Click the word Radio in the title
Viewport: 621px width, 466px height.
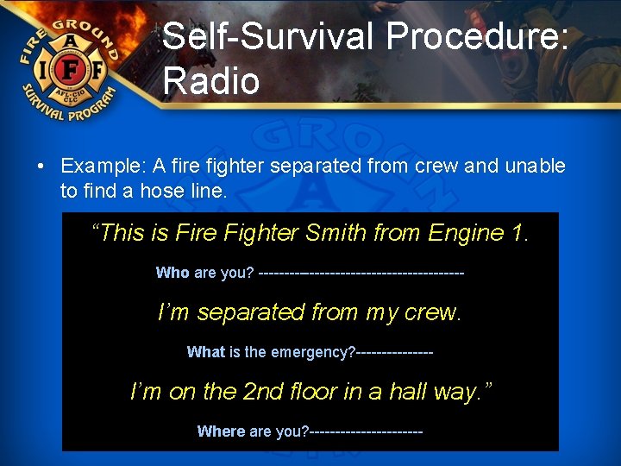pos(210,80)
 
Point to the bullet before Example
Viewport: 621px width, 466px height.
pos(41,166)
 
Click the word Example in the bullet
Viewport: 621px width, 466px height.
pos(98,166)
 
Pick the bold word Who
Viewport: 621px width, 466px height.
pos(172,273)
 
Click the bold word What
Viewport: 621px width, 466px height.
pos(205,352)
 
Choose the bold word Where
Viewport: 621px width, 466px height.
pos(221,431)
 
